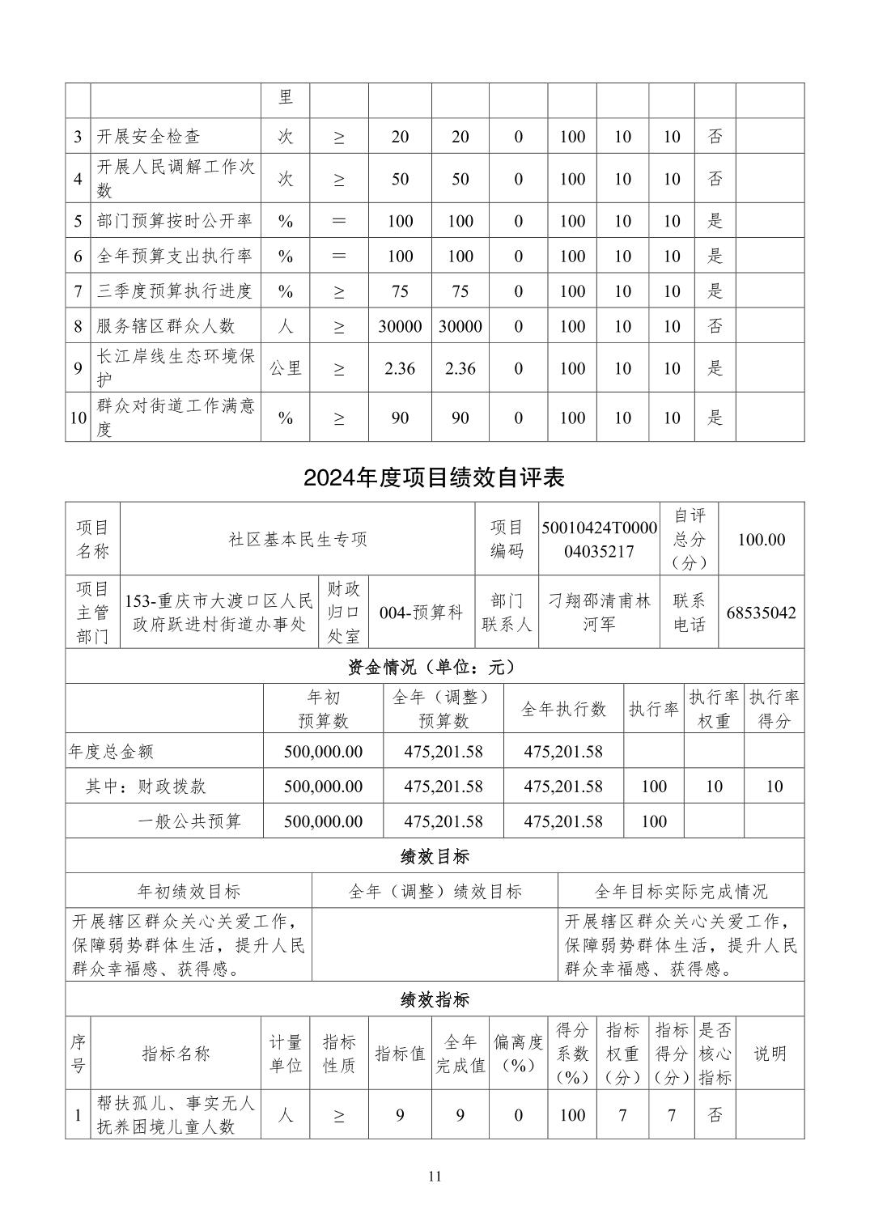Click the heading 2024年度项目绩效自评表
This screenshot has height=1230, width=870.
pyautogui.click(x=434, y=477)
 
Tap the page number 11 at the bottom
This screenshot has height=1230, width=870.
pyautogui.click(x=435, y=1176)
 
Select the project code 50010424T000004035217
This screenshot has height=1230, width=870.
pyautogui.click(x=599, y=539)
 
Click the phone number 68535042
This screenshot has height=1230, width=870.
pyautogui.click(x=761, y=613)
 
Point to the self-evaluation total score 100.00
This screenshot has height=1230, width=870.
pyautogui.click(x=761, y=539)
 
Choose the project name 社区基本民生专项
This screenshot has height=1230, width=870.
pyautogui.click(x=297, y=539)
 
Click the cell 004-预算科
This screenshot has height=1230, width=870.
pyautogui.click(x=421, y=613)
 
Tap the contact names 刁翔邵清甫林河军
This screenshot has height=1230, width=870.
pyautogui.click(x=599, y=613)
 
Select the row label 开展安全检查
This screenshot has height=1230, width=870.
pyautogui.click(x=149, y=137)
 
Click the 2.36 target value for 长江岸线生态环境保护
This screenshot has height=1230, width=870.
pyautogui.click(x=400, y=368)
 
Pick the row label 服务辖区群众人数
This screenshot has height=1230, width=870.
pyautogui.click(x=166, y=326)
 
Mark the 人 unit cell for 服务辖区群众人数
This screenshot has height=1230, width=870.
pyautogui.click(x=285, y=326)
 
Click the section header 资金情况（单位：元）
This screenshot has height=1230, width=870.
pyautogui.click(x=434, y=667)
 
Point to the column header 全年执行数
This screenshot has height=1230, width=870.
pyautogui.click(x=563, y=709)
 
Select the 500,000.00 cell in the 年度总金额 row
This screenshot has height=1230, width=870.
pyautogui.click(x=323, y=751)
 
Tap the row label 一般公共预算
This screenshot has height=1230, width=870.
pyautogui.click(x=189, y=821)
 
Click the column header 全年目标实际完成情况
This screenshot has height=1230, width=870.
pyautogui.click(x=681, y=891)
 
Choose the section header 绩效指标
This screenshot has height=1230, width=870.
pyautogui.click(x=434, y=999)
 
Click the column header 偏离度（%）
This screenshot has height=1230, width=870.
pyautogui.click(x=518, y=1053)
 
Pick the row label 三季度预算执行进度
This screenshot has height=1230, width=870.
pyautogui.click(x=175, y=291)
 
